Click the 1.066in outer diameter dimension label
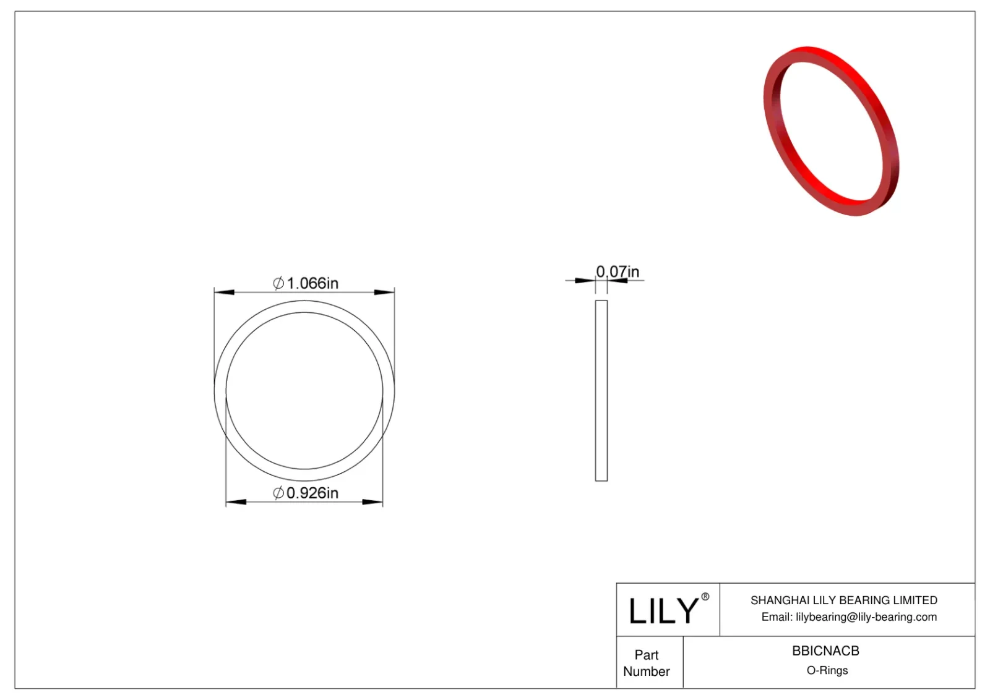(312, 283)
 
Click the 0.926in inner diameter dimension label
(312, 493)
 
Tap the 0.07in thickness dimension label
(618, 271)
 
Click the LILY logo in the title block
(663, 610)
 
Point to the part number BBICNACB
(825, 651)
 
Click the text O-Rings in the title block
(827, 670)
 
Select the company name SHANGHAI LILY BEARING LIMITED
(843, 600)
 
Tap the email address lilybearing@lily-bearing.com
(866, 617)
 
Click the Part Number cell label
(647, 663)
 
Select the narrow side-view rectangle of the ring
(601, 390)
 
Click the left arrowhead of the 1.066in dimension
(223, 292)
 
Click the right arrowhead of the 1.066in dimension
(385, 292)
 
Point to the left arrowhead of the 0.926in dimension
(236, 502)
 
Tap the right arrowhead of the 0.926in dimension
(373, 502)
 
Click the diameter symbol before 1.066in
(278, 283)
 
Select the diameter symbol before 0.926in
(278, 493)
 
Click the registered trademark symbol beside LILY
(705, 597)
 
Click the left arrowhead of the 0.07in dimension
(585, 281)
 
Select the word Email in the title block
(775, 617)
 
